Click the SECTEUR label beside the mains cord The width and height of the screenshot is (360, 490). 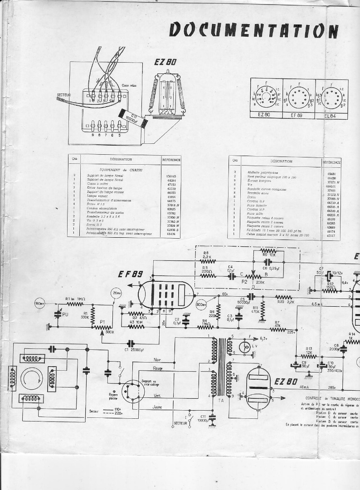[64, 95]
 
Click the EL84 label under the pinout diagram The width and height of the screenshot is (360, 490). [331, 115]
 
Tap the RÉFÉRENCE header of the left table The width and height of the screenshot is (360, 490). [171, 160]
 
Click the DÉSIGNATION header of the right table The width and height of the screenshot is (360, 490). [281, 161]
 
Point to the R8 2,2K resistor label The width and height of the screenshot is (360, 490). [207, 255]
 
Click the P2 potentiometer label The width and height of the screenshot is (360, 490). [245, 281]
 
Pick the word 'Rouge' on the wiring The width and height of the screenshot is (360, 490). [157, 368]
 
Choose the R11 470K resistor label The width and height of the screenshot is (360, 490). [255, 310]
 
